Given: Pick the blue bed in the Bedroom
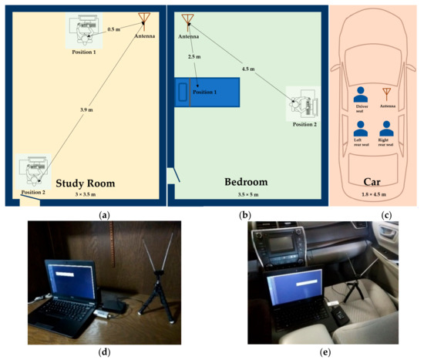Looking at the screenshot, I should pyautogui.click(x=206, y=92).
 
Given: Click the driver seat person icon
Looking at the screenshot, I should pyautogui.click(x=359, y=95).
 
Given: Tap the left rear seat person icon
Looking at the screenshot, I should pyautogui.click(x=359, y=126).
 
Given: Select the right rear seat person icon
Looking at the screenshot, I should pyautogui.click(x=388, y=126).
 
